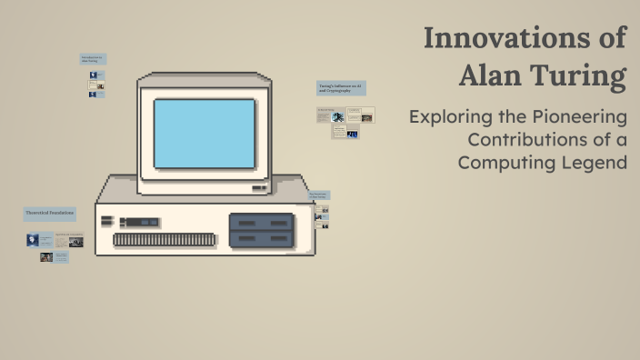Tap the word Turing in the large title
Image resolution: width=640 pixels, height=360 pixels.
(x=581, y=75)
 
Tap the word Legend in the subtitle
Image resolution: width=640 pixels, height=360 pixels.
(x=598, y=163)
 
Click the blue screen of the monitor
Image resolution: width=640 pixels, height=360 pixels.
(x=204, y=133)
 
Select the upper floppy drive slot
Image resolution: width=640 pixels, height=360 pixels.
(x=261, y=222)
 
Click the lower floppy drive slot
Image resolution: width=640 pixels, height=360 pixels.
(x=261, y=239)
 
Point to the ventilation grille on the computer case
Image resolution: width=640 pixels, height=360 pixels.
(x=166, y=240)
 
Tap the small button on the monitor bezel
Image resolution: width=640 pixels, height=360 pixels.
(x=260, y=188)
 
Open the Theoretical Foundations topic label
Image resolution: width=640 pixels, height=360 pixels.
(x=49, y=214)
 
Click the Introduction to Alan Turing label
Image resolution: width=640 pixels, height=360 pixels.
(x=93, y=59)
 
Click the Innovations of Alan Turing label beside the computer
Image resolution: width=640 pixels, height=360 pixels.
(x=318, y=195)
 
